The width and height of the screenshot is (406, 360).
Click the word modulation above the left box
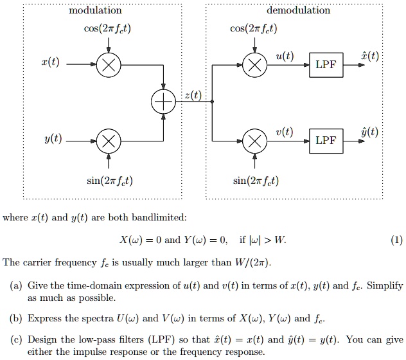[95, 10]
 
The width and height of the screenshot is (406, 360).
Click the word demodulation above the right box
[298, 10]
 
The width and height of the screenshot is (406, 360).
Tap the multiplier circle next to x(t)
[107, 65]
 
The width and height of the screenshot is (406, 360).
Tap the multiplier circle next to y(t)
[107, 141]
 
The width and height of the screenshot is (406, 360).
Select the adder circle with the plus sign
[163, 103]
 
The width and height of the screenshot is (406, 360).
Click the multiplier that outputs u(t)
[255, 65]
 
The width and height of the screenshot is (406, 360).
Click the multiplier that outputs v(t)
[255, 141]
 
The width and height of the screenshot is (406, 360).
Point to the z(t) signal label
[192, 95]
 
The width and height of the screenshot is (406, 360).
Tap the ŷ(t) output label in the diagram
[369, 132]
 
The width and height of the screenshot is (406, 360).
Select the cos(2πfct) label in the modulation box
[107, 28]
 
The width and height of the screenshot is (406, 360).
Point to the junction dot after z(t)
[213, 103]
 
